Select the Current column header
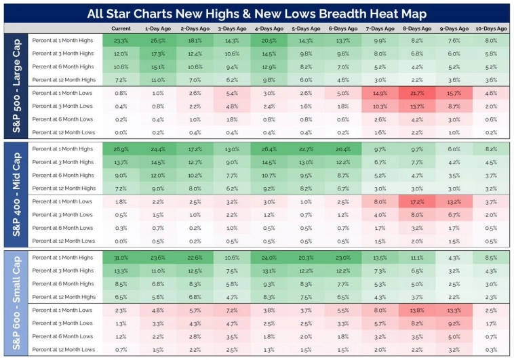tap(121, 29)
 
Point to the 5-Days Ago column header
tap(305, 29)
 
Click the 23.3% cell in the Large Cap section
tap(121, 40)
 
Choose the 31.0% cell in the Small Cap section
tap(121, 257)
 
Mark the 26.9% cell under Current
tap(121, 148)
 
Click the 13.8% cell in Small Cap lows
tap(416, 310)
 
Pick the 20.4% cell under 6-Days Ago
tap(342, 148)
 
